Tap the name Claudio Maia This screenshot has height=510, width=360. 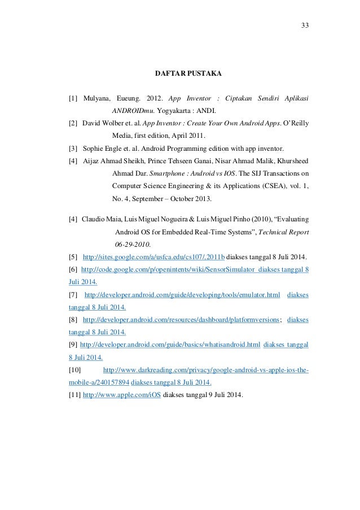(100, 218)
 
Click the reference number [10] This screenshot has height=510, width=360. (74, 369)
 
